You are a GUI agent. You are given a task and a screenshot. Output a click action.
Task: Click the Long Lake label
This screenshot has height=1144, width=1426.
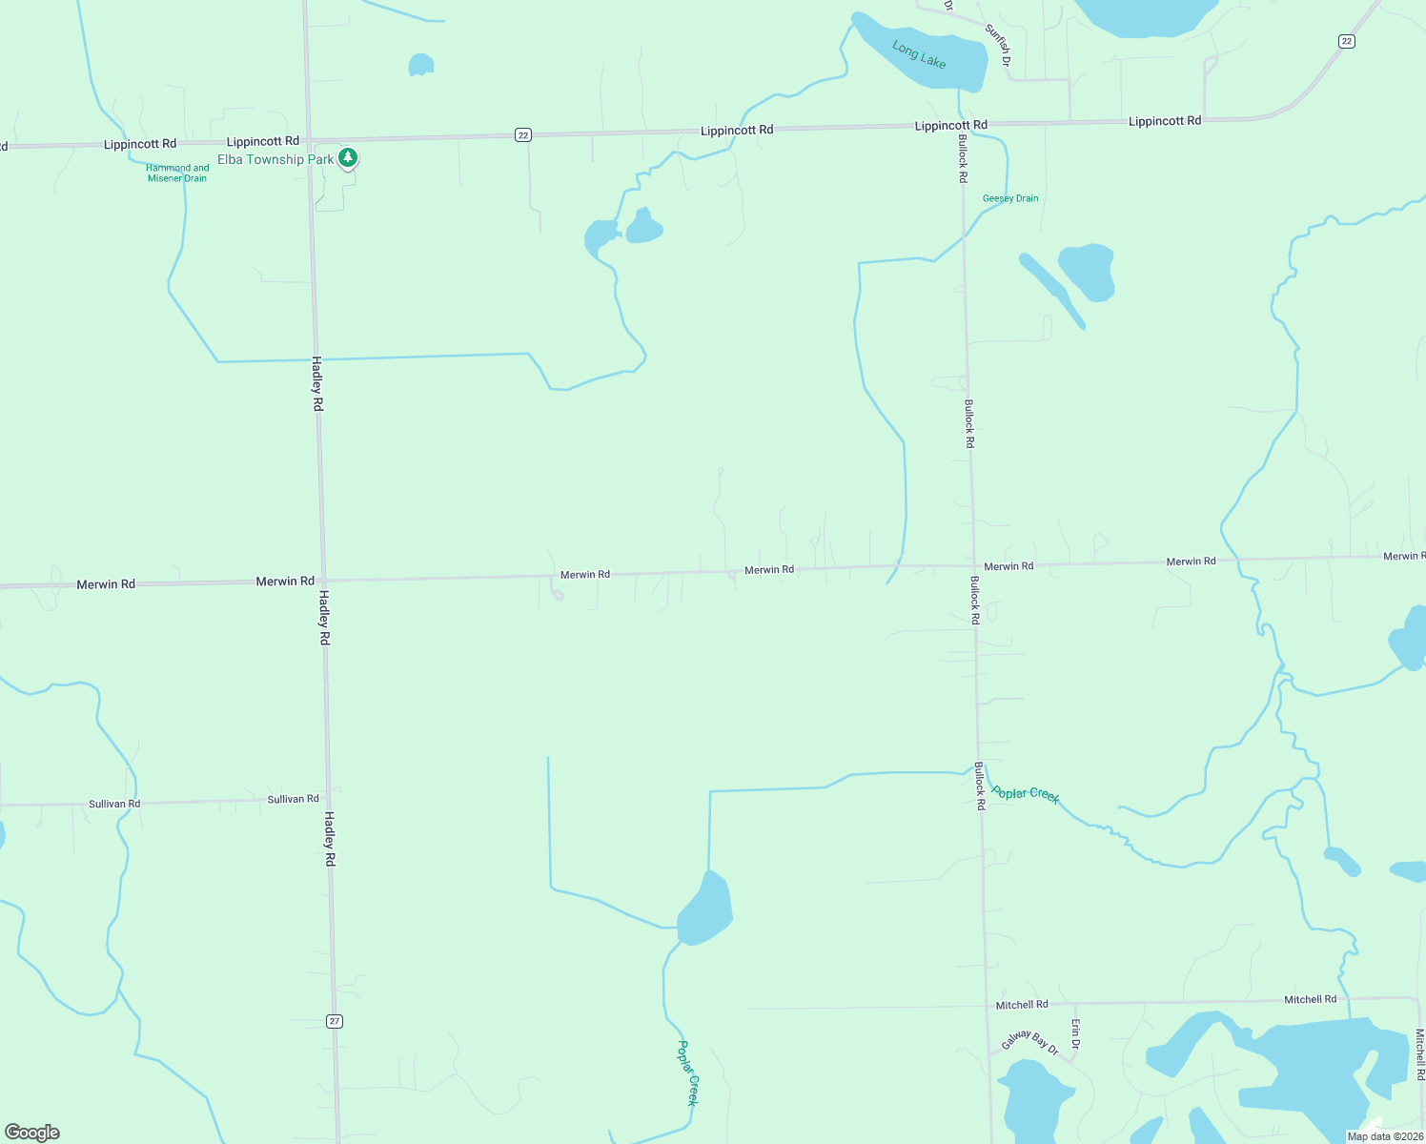(919, 54)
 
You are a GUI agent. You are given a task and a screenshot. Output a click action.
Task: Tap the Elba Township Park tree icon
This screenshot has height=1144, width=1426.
(349, 157)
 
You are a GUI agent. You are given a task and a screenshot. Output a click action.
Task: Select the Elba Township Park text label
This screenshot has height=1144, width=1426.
(275, 159)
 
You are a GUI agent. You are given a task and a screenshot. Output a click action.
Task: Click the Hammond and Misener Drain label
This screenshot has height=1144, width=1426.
(177, 173)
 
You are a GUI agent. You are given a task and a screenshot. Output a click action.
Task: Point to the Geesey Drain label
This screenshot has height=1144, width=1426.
(1010, 198)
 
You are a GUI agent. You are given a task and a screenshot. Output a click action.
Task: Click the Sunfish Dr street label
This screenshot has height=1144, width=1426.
(998, 45)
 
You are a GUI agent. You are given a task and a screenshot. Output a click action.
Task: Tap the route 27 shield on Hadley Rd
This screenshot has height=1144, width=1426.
(334, 1021)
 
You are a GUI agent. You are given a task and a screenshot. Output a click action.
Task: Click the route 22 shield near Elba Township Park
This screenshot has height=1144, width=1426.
(523, 135)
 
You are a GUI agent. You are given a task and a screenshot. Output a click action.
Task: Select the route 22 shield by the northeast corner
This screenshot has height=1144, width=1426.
(1346, 41)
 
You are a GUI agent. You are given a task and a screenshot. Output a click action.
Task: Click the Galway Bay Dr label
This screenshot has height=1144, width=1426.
(1029, 1041)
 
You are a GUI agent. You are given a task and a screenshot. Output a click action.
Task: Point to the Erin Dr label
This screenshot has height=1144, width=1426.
(1075, 1034)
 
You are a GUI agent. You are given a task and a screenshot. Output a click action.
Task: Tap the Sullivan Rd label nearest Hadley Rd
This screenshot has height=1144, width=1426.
(293, 799)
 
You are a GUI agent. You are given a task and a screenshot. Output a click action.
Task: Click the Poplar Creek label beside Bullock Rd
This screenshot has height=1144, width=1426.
(1026, 794)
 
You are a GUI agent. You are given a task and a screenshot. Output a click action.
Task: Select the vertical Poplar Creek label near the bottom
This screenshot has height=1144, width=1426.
(688, 1072)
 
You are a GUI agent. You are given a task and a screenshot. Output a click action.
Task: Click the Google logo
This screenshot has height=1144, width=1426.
(32, 1133)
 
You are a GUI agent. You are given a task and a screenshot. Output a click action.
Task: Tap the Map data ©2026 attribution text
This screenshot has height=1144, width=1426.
(1384, 1136)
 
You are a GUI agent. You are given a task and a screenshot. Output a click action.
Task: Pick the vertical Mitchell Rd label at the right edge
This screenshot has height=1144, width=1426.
(1419, 1053)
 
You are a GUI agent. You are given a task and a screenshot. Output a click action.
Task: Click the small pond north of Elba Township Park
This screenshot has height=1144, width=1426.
(420, 65)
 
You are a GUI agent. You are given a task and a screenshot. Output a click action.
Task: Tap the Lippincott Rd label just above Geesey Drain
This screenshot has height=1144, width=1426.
(950, 125)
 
